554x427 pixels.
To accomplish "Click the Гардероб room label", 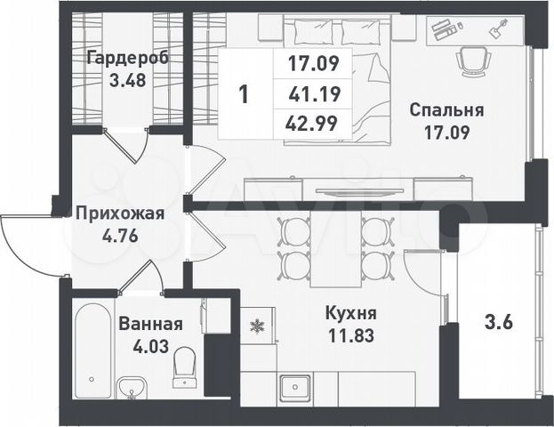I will click(128, 59).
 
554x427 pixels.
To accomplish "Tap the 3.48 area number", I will click(128, 79).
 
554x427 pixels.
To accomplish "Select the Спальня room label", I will click(446, 111).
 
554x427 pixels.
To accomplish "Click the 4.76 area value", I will click(119, 236).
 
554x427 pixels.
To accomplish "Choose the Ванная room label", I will click(150, 325).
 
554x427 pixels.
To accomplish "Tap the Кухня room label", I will click(349, 314).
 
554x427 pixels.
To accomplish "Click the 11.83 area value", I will click(349, 335).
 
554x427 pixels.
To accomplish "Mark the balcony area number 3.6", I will click(498, 323).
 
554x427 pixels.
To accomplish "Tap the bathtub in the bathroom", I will click(92, 351).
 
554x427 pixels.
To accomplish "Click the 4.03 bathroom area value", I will click(150, 346).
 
